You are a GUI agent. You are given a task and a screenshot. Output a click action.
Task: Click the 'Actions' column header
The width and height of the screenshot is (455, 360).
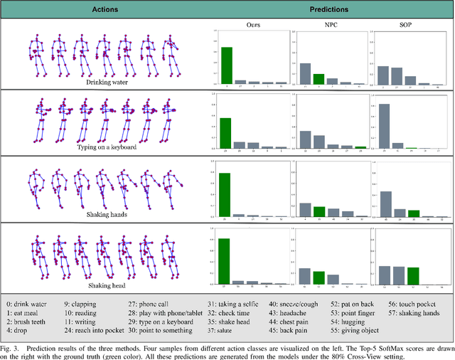(x=104, y=11)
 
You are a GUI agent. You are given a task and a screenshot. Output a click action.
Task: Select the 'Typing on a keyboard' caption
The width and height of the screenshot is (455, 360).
(x=105, y=147)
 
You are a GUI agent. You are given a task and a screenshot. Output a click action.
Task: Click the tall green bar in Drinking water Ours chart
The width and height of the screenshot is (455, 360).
(x=226, y=65)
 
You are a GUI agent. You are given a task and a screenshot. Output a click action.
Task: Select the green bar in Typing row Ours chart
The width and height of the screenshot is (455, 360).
(x=225, y=133)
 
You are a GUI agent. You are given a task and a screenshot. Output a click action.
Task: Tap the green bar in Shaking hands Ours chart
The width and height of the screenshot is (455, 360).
(x=225, y=194)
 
